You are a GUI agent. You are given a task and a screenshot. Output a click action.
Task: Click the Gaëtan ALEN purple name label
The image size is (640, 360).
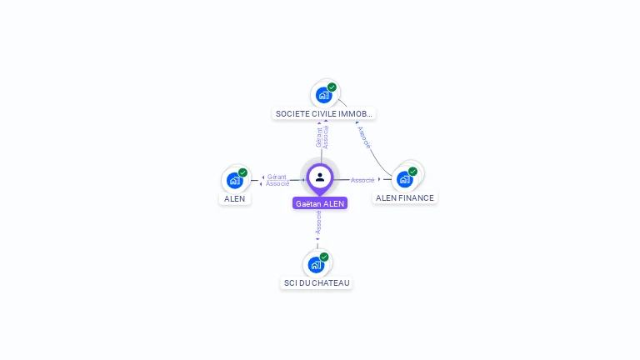[x=320, y=203]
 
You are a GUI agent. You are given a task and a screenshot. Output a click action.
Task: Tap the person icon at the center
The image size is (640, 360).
[x=320, y=177]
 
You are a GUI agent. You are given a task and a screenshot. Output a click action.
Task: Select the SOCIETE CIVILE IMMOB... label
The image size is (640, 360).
[x=324, y=113]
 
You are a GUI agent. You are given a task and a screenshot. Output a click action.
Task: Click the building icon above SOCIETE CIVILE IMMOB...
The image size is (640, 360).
[x=323, y=95]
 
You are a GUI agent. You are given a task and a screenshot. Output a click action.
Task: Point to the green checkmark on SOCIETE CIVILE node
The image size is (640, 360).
[x=332, y=87]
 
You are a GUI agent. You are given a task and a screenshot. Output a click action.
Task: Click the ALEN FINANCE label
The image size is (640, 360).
[x=404, y=198]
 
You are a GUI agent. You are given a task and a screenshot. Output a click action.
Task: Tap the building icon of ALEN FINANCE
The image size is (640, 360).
[x=404, y=179]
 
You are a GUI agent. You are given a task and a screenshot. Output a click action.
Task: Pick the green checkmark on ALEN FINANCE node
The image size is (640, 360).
[x=412, y=172]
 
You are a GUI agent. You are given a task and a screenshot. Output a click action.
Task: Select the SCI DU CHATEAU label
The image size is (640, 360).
[x=317, y=283]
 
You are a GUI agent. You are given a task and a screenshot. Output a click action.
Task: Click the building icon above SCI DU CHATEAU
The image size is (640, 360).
[x=315, y=265]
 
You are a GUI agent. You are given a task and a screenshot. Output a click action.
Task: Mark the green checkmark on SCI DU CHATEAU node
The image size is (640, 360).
[x=324, y=257]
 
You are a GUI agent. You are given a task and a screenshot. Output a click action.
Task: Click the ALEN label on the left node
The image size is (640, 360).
[x=235, y=199]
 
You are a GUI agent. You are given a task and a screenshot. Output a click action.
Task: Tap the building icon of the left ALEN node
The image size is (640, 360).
[x=234, y=180]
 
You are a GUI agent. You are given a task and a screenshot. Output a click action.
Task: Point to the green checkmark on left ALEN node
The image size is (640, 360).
[x=242, y=172]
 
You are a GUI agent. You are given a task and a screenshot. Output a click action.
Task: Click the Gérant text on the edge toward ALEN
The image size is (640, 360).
[x=277, y=177]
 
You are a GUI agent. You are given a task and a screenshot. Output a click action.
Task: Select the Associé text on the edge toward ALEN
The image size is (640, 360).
[x=277, y=183]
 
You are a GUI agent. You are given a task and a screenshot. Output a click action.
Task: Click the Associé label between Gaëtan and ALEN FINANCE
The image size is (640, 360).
[x=362, y=180]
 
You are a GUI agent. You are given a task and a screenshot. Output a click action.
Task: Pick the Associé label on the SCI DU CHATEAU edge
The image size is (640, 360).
[x=318, y=222]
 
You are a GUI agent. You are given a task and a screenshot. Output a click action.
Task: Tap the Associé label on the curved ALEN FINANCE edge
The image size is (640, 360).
[x=364, y=137]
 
